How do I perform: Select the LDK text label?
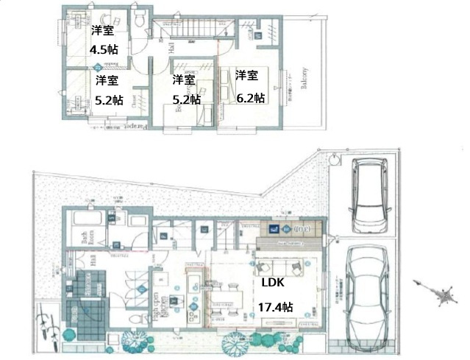[268, 282]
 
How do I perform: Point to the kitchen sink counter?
[193, 291]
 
